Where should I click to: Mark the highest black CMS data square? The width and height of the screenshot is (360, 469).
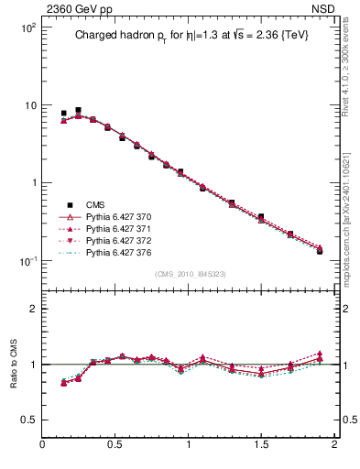[x=78, y=110]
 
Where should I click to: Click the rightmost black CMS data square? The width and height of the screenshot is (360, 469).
[x=320, y=250]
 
